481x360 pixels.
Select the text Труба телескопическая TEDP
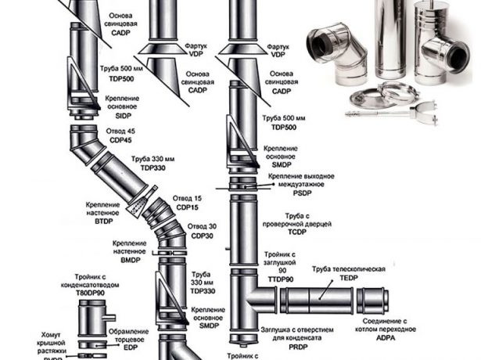350,273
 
